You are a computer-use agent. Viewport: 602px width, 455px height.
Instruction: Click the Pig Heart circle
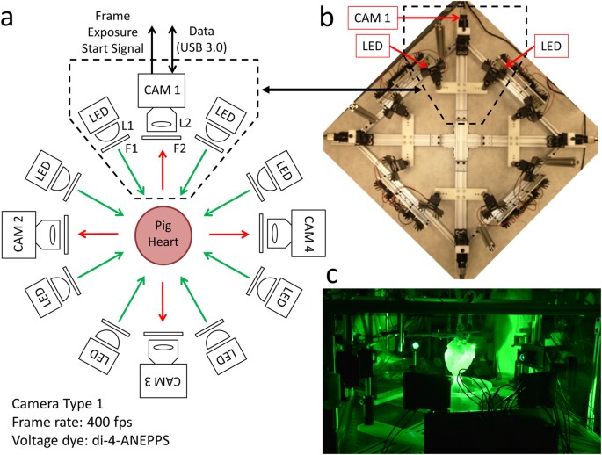[161, 235]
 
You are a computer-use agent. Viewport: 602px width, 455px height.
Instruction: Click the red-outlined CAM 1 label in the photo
[375, 17]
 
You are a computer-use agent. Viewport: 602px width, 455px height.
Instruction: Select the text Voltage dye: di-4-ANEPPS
[89, 440]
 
